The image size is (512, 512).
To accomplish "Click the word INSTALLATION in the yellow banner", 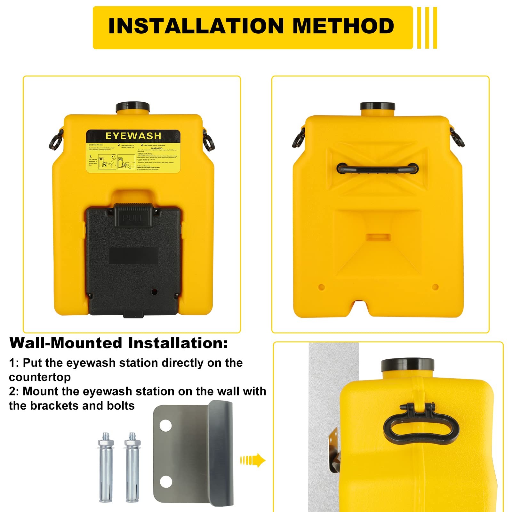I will click(196, 26).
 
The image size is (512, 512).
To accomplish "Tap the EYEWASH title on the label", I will click(133, 136).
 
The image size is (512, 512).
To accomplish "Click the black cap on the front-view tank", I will click(133, 107).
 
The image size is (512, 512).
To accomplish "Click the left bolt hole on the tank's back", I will click(322, 287).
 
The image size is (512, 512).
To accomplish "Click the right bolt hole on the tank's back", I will click(435, 287).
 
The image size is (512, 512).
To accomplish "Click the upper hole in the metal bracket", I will click(166, 426).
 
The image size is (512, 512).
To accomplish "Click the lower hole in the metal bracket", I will click(166, 481).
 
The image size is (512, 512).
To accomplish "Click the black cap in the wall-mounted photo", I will click(407, 365).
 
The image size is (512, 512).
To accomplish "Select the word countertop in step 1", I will click(40, 377).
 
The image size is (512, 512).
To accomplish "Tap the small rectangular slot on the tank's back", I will click(378, 237).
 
